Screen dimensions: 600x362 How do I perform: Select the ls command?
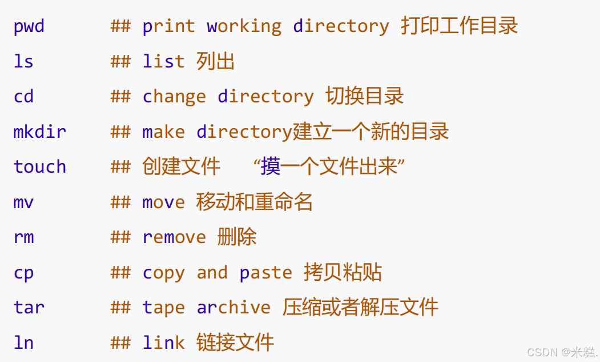pyautogui.click(x=23, y=62)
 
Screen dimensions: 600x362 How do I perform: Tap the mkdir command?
pyautogui.click(x=39, y=132)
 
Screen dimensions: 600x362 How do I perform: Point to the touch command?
pyautogui.click(x=39, y=167)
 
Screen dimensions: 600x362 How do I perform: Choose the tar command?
pyautogui.click(x=29, y=308)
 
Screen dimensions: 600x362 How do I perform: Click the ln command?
pyautogui.click(x=23, y=343)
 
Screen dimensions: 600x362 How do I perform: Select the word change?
pyautogui.click(x=174, y=97)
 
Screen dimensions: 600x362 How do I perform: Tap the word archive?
pyautogui.click(x=233, y=308)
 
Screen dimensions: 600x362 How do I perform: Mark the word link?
pyautogui.click(x=163, y=343)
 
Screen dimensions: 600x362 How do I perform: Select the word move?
pyautogui.click(x=163, y=202)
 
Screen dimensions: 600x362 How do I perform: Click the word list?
pyautogui.click(x=163, y=62)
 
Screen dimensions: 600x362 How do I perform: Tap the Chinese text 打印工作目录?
pyautogui.click(x=459, y=26)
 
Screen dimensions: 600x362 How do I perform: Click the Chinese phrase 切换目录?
pyautogui.click(x=364, y=96)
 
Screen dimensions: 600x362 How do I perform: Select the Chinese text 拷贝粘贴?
pyautogui.click(x=343, y=272)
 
